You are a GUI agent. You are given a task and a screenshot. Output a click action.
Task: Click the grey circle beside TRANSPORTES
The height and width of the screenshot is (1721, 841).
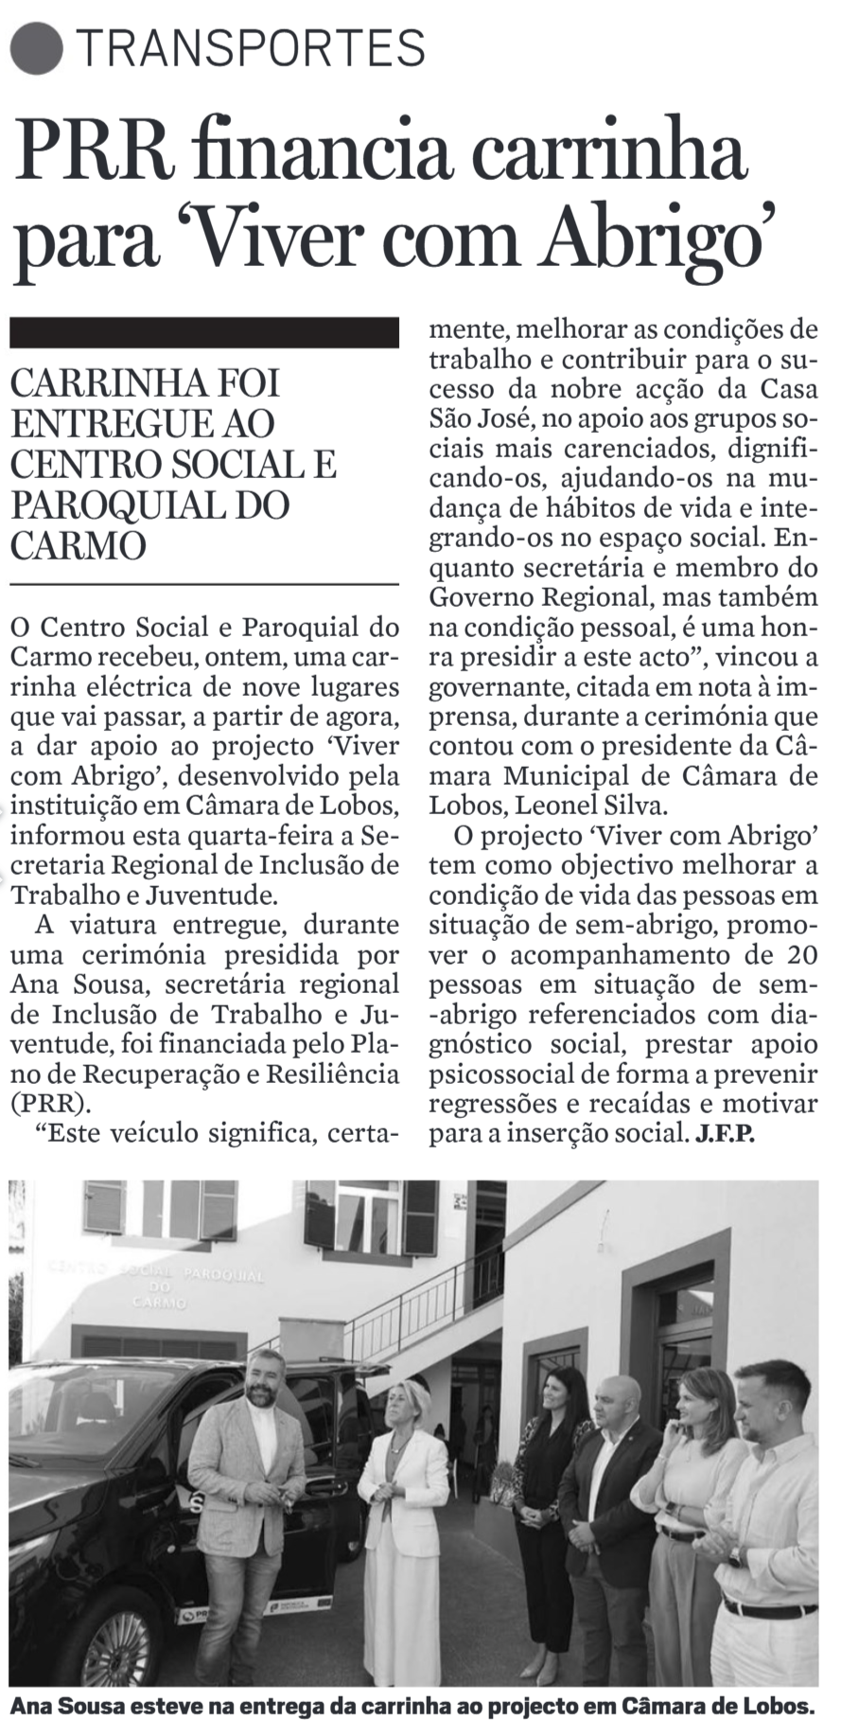[39, 47]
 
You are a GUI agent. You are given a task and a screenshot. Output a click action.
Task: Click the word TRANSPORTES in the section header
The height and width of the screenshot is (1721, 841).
[251, 47]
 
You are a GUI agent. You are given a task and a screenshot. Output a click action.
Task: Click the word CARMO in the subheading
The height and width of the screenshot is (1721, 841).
[78, 545]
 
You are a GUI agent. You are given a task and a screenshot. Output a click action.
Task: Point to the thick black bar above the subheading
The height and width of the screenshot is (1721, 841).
[203, 333]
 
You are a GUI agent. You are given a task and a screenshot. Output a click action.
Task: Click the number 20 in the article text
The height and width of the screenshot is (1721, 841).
[800, 953]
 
